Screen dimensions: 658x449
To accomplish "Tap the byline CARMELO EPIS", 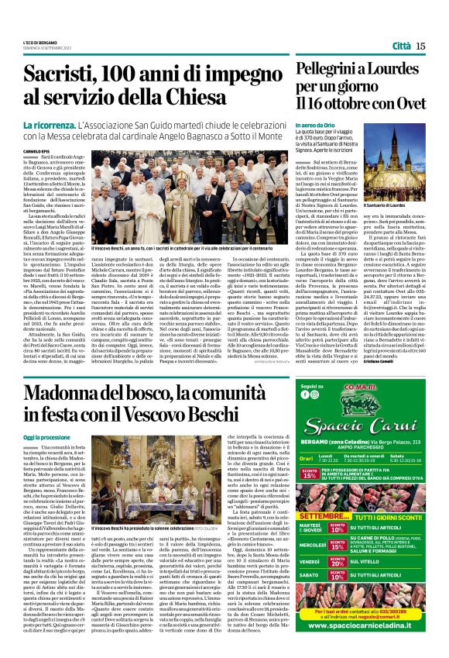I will [35, 151].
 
